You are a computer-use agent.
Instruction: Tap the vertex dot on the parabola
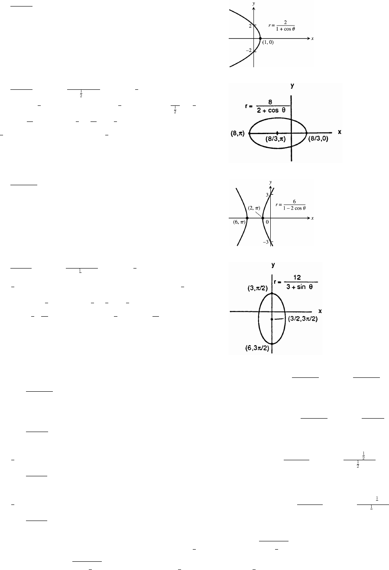pos(260,39)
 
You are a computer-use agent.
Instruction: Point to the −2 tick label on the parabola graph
pos(249,51)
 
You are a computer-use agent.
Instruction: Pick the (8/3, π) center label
pos(277,140)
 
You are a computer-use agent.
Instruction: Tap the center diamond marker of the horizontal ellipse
pos(277,132)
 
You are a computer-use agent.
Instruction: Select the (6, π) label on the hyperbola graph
pos(238,223)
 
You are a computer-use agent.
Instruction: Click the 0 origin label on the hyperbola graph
pos(268,222)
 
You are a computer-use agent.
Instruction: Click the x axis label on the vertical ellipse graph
pos(320,311)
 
